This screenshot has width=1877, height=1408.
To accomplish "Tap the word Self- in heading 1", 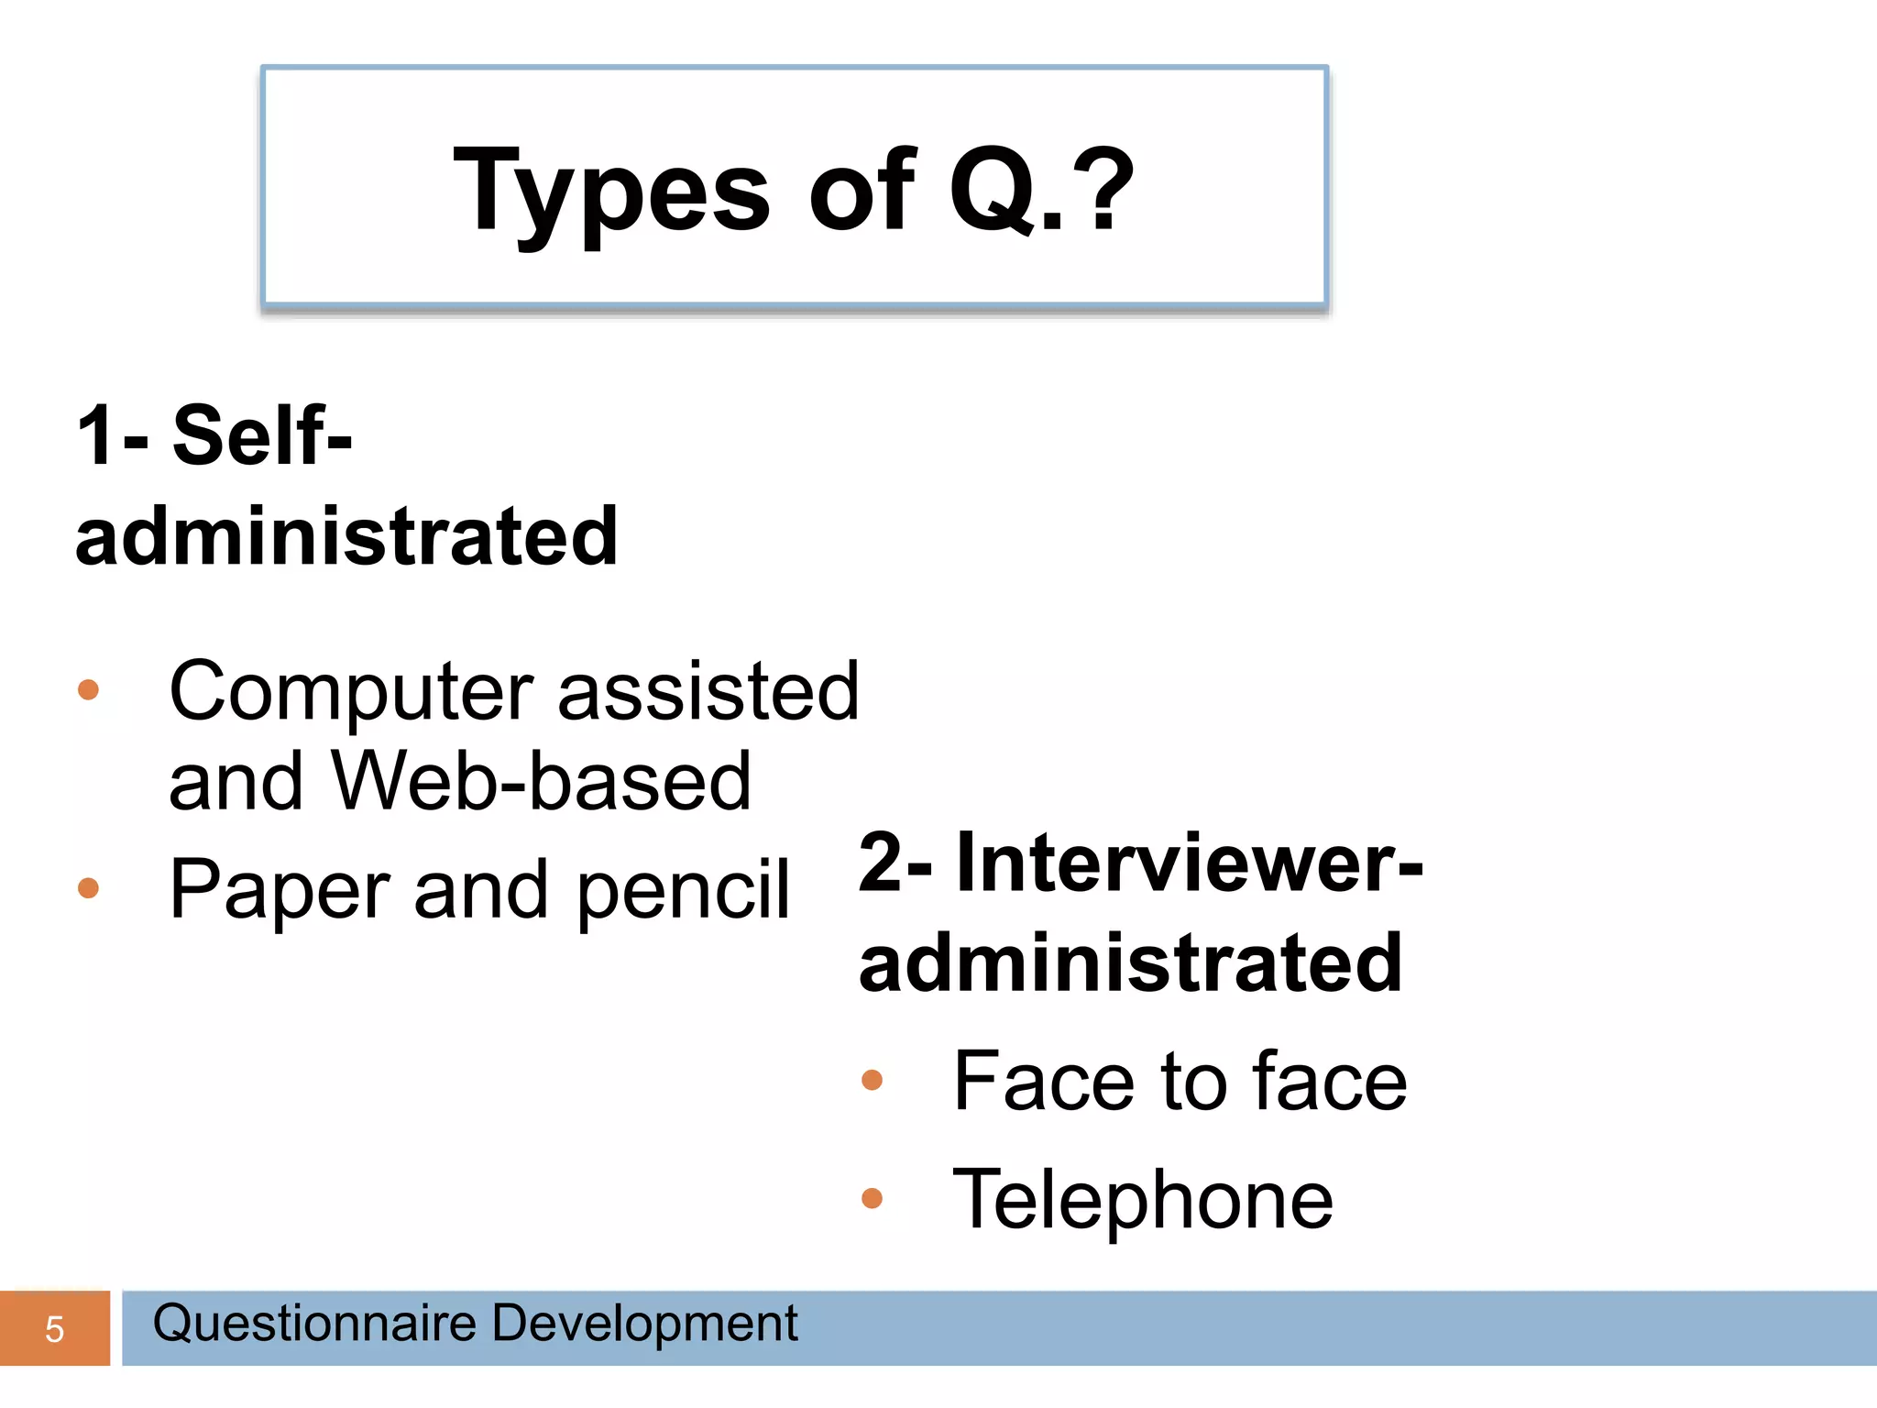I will click(x=262, y=436).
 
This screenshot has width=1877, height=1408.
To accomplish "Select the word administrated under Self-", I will click(x=346, y=537).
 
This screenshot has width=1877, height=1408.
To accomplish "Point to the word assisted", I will click(x=708, y=691).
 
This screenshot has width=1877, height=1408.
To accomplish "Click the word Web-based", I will click(x=541, y=781).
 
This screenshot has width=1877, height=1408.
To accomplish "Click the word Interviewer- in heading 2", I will click(x=1189, y=863).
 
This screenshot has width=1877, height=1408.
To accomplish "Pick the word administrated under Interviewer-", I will click(x=1130, y=963).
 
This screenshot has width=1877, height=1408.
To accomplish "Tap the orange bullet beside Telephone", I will click(x=872, y=1198).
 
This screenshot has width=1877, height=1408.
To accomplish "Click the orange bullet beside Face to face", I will click(x=872, y=1081).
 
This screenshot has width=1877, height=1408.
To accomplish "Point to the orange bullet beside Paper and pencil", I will click(x=88, y=887).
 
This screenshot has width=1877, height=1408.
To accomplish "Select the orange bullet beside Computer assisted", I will click(x=88, y=689).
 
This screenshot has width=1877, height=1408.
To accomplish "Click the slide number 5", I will click(x=54, y=1329).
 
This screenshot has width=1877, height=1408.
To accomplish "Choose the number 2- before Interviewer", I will click(x=895, y=863).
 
